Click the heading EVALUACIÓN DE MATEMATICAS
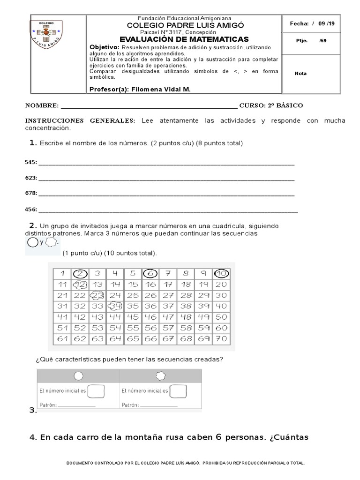click(184, 39)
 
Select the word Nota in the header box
click(300, 73)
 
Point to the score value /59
click(322, 40)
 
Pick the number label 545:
click(30, 163)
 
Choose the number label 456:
click(30, 210)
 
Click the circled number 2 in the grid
click(80, 273)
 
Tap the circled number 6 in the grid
click(150, 273)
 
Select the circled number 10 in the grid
click(221, 273)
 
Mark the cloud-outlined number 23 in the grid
click(98, 295)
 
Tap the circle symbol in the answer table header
click(78, 375)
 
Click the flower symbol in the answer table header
click(160, 375)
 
